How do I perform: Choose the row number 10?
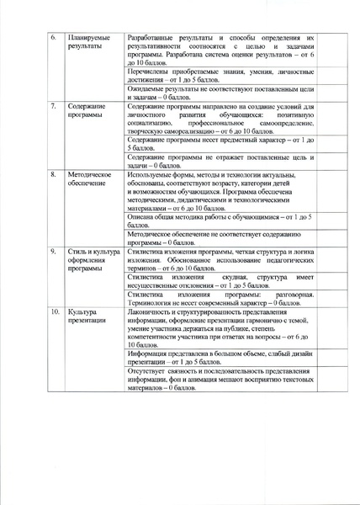tap(53, 311)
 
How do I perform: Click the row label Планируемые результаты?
tap(87, 44)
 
